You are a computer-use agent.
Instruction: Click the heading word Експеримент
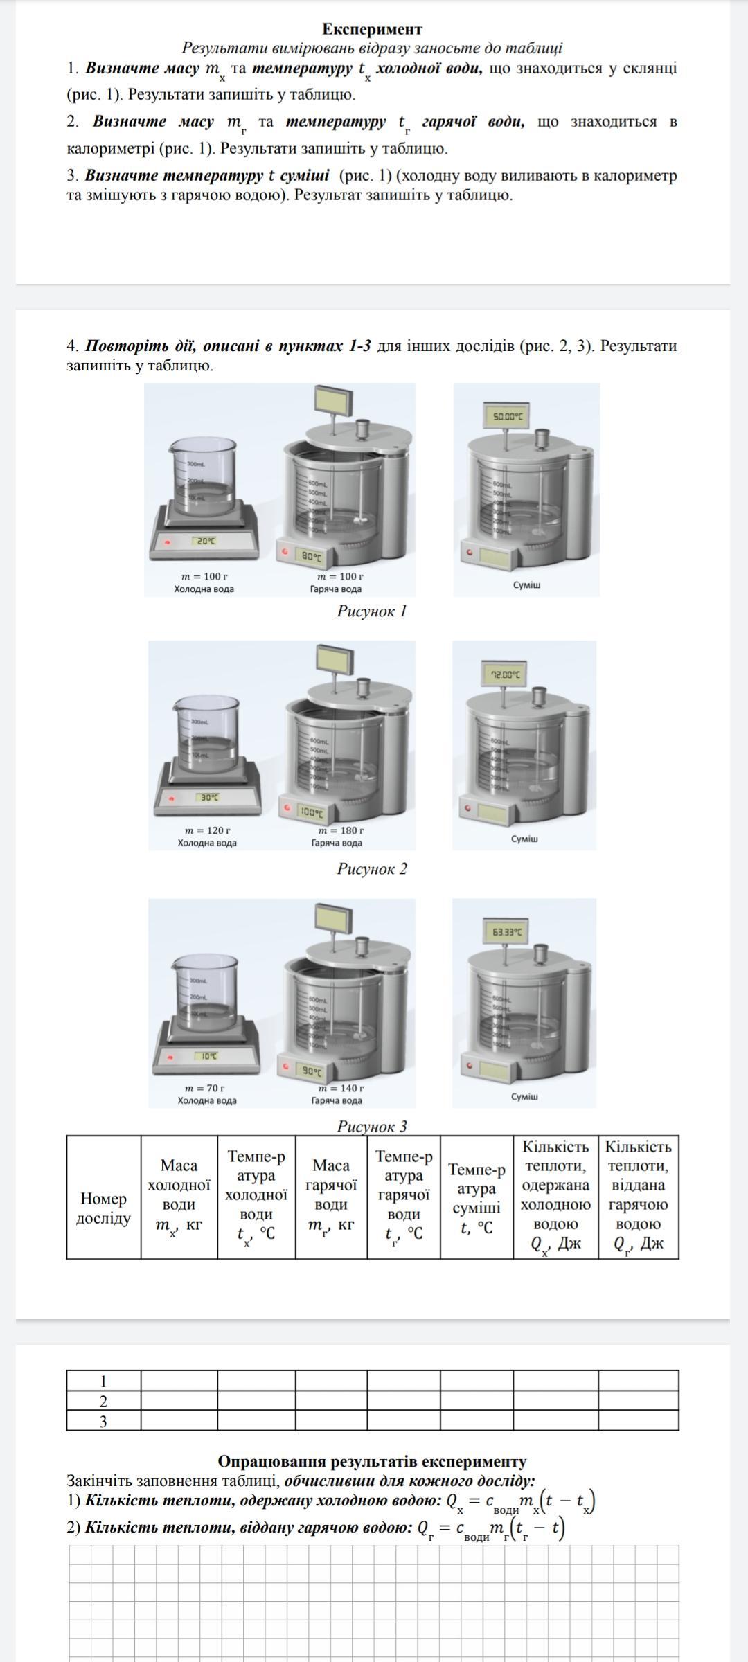click(x=372, y=29)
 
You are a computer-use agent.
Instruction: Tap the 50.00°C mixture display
click(x=508, y=418)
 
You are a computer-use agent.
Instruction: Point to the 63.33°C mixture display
click(x=508, y=932)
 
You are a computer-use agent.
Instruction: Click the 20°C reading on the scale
click(x=206, y=541)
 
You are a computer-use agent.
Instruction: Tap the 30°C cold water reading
click(x=209, y=798)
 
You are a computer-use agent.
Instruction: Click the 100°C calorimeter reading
click(x=312, y=811)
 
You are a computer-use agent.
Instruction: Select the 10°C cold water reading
click(x=209, y=1056)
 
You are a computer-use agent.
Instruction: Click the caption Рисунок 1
click(x=372, y=611)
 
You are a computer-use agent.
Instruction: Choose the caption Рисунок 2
click(x=372, y=868)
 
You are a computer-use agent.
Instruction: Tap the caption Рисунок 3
click(x=372, y=1126)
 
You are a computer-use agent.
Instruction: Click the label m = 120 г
click(x=207, y=830)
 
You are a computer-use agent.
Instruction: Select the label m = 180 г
click(x=341, y=830)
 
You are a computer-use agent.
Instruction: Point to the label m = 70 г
click(x=206, y=1088)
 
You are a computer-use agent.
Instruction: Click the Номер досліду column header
click(x=103, y=1208)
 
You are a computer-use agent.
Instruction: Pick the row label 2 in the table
click(x=103, y=1402)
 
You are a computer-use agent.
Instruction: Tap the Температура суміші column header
click(x=477, y=1198)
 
